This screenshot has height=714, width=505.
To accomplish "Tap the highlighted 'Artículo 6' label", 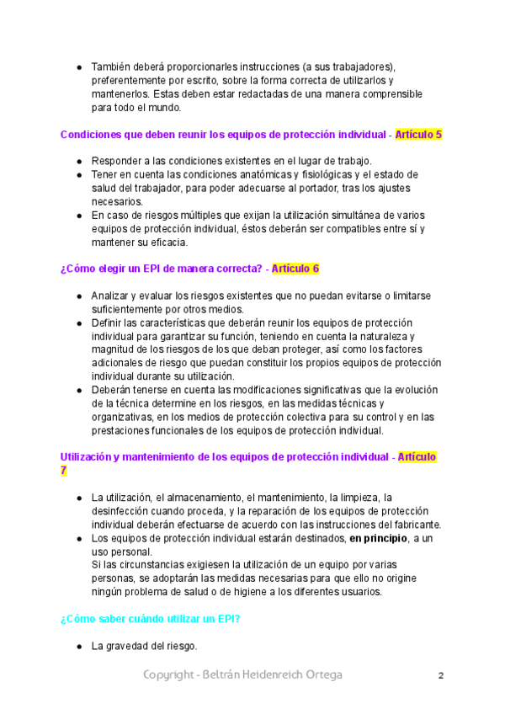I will coord(290,269).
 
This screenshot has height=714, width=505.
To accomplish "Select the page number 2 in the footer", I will coord(440,675).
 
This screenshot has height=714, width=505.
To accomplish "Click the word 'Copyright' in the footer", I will coord(170,675).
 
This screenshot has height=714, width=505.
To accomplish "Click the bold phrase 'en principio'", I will coord(379,537).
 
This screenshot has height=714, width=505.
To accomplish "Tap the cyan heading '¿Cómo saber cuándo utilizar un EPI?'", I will coord(151,619).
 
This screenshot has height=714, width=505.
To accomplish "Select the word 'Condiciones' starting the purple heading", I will coord(93,134).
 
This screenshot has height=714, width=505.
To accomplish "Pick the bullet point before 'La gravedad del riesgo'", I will coord(79,647).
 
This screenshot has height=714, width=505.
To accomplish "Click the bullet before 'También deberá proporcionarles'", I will coord(79,67).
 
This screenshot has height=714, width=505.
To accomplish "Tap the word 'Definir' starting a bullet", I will coord(108,322).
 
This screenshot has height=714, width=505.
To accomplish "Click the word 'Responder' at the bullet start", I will coord(116,161).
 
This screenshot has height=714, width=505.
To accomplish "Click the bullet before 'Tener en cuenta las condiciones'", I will coord(79,174).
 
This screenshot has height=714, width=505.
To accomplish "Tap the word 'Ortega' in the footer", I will coord(322,675).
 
